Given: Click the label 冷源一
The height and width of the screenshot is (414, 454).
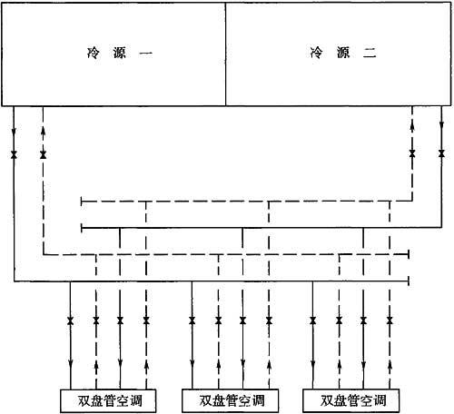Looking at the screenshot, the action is (x=119, y=54).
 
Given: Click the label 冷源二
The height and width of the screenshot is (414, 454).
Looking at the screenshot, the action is (x=343, y=53).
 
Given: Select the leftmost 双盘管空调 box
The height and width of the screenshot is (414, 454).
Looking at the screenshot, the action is (x=108, y=400).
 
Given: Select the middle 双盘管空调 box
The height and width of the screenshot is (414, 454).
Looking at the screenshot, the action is (x=230, y=400).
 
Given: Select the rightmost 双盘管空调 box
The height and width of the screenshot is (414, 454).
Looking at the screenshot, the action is (x=351, y=400).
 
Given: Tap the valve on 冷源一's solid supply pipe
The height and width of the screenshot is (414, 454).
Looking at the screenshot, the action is (x=14, y=154).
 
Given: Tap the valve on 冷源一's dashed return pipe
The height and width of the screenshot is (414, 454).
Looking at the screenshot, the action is (x=43, y=154).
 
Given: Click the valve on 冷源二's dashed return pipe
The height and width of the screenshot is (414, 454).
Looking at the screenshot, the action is (x=412, y=153).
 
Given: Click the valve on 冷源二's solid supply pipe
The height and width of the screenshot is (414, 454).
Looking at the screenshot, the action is (x=441, y=153).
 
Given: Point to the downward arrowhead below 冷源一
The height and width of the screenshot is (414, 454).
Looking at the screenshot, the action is (x=14, y=133).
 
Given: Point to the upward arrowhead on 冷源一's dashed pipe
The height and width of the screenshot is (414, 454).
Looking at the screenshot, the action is (x=43, y=131).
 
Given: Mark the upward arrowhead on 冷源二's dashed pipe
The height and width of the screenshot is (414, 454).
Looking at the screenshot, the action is (x=412, y=126).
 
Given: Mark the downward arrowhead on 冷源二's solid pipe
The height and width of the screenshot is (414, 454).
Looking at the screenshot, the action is (x=441, y=124).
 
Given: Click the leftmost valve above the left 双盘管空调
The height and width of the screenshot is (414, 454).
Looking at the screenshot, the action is (x=70, y=320).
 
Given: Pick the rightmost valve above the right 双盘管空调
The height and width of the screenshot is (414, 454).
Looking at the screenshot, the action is (x=390, y=320).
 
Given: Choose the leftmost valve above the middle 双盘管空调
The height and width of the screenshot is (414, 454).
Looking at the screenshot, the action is (x=192, y=320).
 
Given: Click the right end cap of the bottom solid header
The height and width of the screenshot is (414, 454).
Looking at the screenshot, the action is (x=409, y=281).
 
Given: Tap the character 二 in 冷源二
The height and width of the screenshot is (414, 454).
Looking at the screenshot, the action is (x=370, y=54).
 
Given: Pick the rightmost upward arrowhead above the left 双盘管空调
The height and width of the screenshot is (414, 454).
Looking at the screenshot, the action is (x=146, y=366).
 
